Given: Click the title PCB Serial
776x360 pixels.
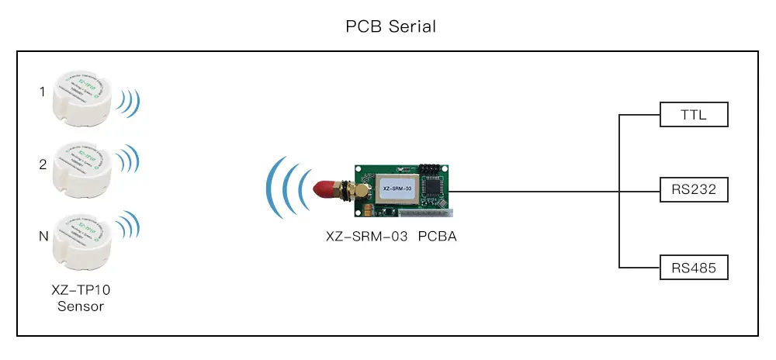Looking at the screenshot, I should coord(390,26).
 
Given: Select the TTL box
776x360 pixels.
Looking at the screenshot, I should coord(695,115).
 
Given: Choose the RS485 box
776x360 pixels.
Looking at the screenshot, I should coord(695,268).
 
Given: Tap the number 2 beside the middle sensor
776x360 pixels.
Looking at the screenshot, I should coord(42,164).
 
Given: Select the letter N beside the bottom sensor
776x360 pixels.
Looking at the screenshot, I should coord(42,236).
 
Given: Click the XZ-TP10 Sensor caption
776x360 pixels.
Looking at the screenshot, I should coord(81,298).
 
